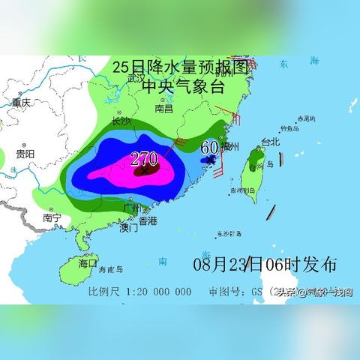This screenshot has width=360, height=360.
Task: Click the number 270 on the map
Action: point(144,158)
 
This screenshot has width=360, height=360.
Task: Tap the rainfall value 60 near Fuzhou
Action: point(209,147)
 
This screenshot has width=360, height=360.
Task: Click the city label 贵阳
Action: point(25,154)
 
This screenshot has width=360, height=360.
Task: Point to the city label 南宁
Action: point(52,218)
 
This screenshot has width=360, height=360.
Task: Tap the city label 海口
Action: point(88,263)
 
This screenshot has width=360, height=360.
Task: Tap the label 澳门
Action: point(128,227)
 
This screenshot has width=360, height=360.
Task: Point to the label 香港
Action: point(148,221)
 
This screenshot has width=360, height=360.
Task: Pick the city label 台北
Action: point(268,141)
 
